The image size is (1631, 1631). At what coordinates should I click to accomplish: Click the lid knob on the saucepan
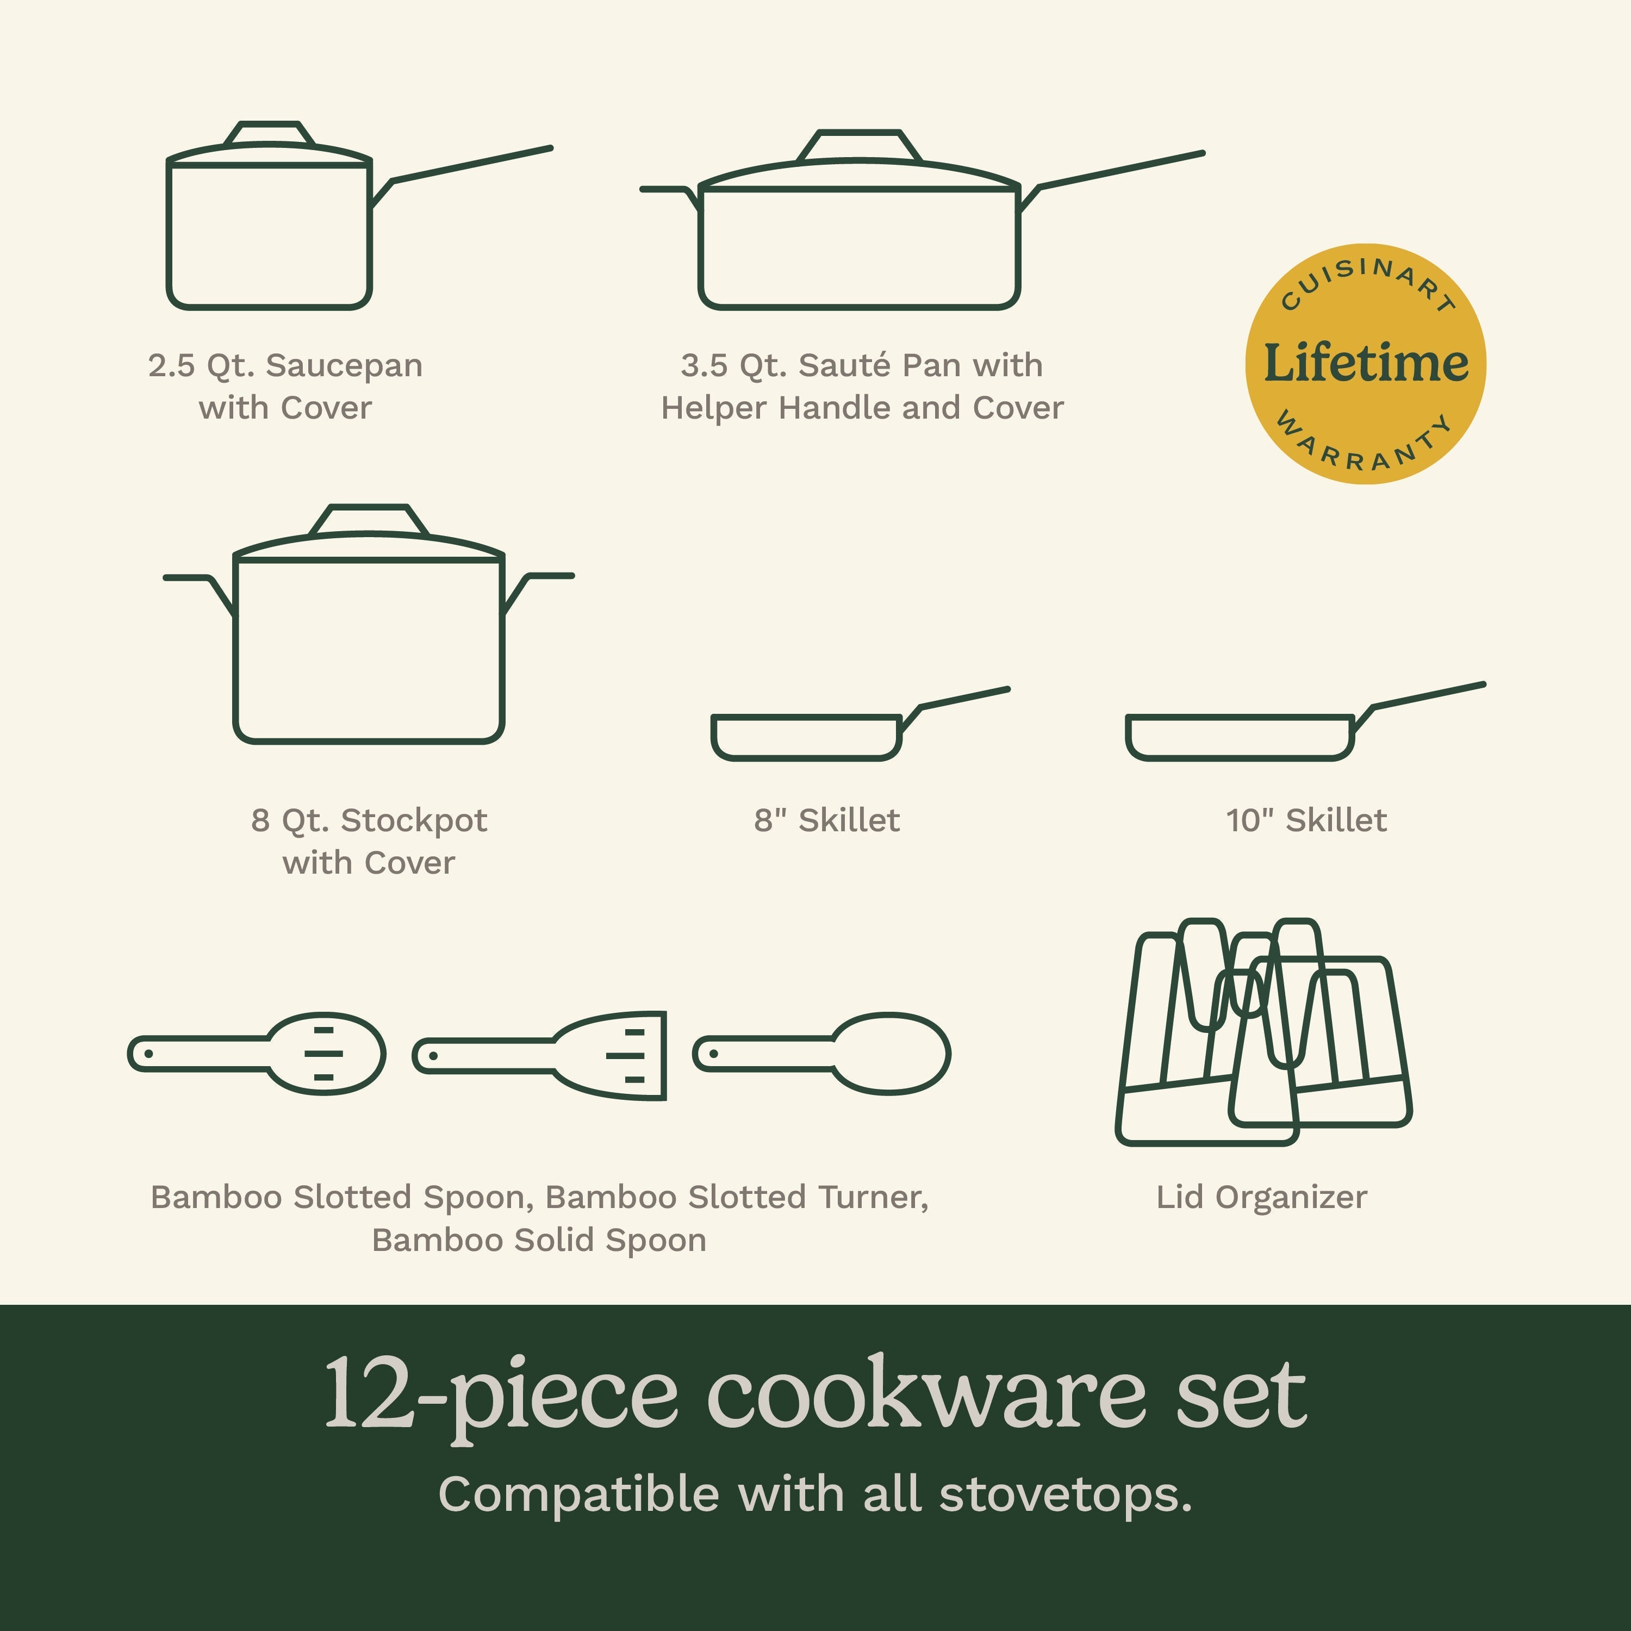point(269,133)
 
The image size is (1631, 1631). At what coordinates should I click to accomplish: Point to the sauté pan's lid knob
point(860,145)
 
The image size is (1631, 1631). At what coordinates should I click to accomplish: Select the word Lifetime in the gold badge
point(1365,363)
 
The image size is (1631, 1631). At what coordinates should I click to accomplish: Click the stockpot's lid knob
point(369,520)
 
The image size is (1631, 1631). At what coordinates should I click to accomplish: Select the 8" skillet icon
point(860,724)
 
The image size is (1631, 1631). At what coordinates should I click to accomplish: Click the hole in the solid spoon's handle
point(713,1054)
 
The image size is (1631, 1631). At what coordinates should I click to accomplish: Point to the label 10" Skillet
point(1306,820)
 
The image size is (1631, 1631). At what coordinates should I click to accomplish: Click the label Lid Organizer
point(1261,1197)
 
